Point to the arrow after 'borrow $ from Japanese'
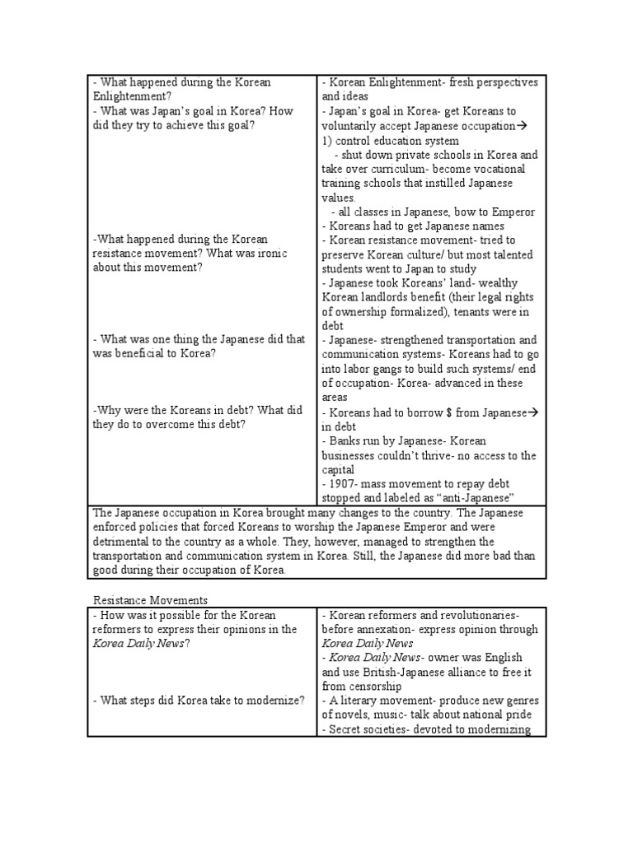532,412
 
